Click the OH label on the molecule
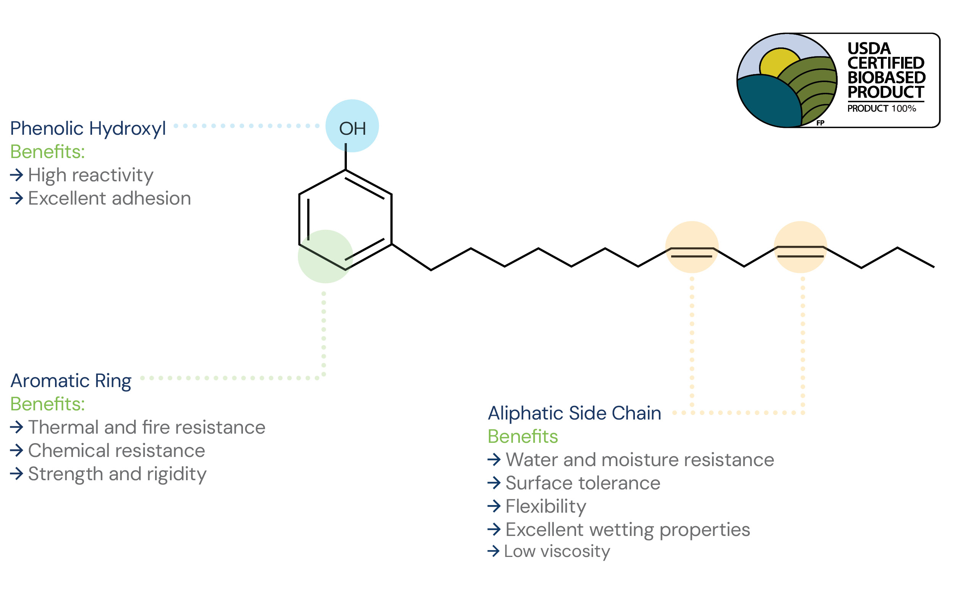coord(352,128)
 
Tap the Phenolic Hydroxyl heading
coord(88,129)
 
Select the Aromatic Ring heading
coord(71,381)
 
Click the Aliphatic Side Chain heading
coord(574,413)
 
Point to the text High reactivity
coord(91,175)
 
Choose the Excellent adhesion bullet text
coord(110,198)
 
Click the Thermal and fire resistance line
coord(147,427)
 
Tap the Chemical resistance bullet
coord(117,451)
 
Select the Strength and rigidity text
coord(117,474)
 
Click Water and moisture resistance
coord(640,460)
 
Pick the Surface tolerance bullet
coord(583,483)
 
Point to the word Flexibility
coord(546,507)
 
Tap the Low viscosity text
coord(557,551)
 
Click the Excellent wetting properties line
coord(628,530)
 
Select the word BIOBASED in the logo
coord(886,78)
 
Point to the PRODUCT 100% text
coord(882,109)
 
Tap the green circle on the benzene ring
coord(325,257)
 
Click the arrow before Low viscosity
coord(494,551)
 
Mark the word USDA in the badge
coord(869,49)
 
